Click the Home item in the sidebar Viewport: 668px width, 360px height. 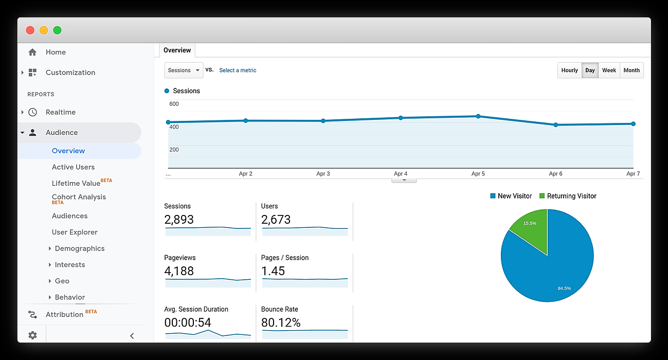tap(56, 52)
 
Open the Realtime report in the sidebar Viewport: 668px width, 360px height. tap(60, 112)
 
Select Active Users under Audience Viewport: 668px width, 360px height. tap(73, 167)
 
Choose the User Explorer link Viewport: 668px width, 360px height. tap(75, 232)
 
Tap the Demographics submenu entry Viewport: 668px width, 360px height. tap(79, 248)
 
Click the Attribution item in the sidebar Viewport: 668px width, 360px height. tap(64, 314)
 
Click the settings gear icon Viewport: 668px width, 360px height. tap(32, 335)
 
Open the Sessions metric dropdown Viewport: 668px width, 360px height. tap(184, 70)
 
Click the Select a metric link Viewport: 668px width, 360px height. tap(238, 70)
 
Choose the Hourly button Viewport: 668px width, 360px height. tap(569, 70)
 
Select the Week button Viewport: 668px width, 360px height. tap(609, 70)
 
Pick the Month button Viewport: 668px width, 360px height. tap(631, 70)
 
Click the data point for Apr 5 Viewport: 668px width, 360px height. tap(478, 116)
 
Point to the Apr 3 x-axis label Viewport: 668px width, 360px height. tap(323, 174)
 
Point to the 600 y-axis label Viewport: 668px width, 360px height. tap(174, 104)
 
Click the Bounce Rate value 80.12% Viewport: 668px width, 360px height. tap(281, 322)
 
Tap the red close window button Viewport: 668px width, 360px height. tap(30, 30)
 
